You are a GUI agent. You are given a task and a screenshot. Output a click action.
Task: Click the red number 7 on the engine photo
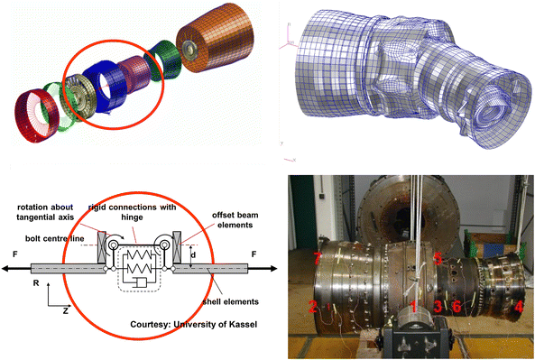pos(317,258)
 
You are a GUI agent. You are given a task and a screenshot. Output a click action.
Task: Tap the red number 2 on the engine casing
pos(312,306)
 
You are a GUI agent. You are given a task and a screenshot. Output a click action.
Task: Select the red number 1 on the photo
pos(413,307)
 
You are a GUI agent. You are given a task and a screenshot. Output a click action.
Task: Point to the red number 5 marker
pos(438,258)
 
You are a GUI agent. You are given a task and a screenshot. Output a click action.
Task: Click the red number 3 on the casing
pos(438,306)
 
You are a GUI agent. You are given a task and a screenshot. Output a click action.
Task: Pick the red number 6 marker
pos(457,306)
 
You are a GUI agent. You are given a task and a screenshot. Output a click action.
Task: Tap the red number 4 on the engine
pos(518,307)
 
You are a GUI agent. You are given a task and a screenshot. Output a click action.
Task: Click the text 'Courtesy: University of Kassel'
pos(193,324)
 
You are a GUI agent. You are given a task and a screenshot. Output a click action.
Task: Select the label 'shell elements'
pos(231,301)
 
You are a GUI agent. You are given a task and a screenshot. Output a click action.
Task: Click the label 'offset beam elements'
pos(235,220)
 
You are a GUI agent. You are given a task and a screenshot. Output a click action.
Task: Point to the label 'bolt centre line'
pos(55,238)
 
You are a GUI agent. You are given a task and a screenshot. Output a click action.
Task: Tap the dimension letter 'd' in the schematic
pos(193,254)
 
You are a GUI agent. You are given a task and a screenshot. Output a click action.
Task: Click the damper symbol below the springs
pos(138,282)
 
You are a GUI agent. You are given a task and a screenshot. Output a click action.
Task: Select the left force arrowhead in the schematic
pos(5,269)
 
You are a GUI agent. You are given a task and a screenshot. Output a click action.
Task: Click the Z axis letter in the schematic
pos(65,310)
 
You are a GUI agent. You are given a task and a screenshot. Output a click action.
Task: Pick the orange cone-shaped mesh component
pos(216,41)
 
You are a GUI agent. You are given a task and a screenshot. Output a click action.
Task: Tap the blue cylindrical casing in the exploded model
pos(105,87)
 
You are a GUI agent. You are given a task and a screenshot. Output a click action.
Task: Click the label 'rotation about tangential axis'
pos(45,212)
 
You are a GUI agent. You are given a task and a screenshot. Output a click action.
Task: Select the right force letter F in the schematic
pos(254,254)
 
